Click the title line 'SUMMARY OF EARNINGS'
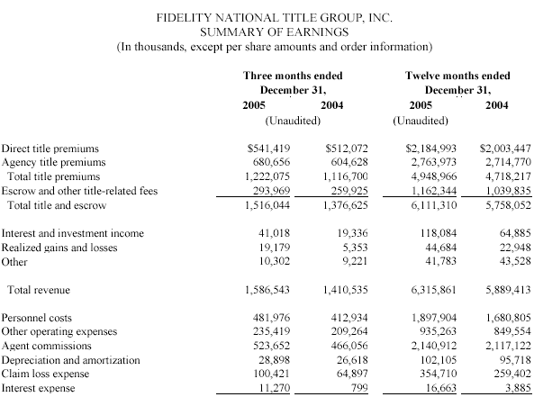(x=274, y=32)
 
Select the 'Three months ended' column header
(x=293, y=76)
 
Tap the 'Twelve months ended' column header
(x=457, y=76)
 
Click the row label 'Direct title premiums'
(x=50, y=149)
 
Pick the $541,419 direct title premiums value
(x=268, y=149)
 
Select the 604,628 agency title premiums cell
(x=349, y=162)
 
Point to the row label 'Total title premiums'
(x=54, y=176)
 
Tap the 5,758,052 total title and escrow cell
(x=508, y=205)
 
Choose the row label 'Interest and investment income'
(x=73, y=233)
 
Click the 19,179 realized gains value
(x=275, y=248)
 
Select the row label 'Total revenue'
(x=39, y=290)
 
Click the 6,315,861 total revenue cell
(x=433, y=290)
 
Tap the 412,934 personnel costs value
(x=349, y=318)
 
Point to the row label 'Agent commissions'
(x=46, y=346)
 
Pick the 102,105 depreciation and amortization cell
(x=438, y=360)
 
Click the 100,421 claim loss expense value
(x=271, y=374)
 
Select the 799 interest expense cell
(x=359, y=388)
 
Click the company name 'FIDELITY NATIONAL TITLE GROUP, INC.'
(x=275, y=18)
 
